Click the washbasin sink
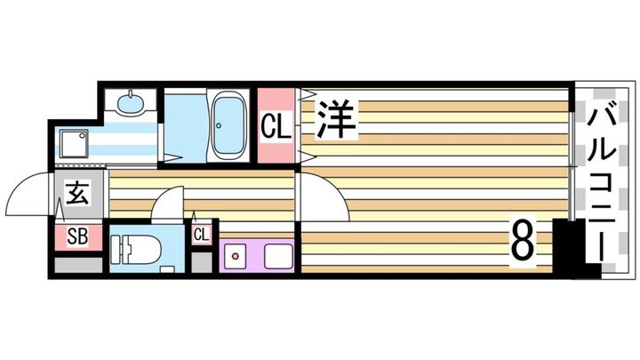click(x=132, y=104)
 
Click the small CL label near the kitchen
click(x=202, y=235)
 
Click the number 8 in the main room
click(x=524, y=238)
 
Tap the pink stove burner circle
click(x=236, y=257)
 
